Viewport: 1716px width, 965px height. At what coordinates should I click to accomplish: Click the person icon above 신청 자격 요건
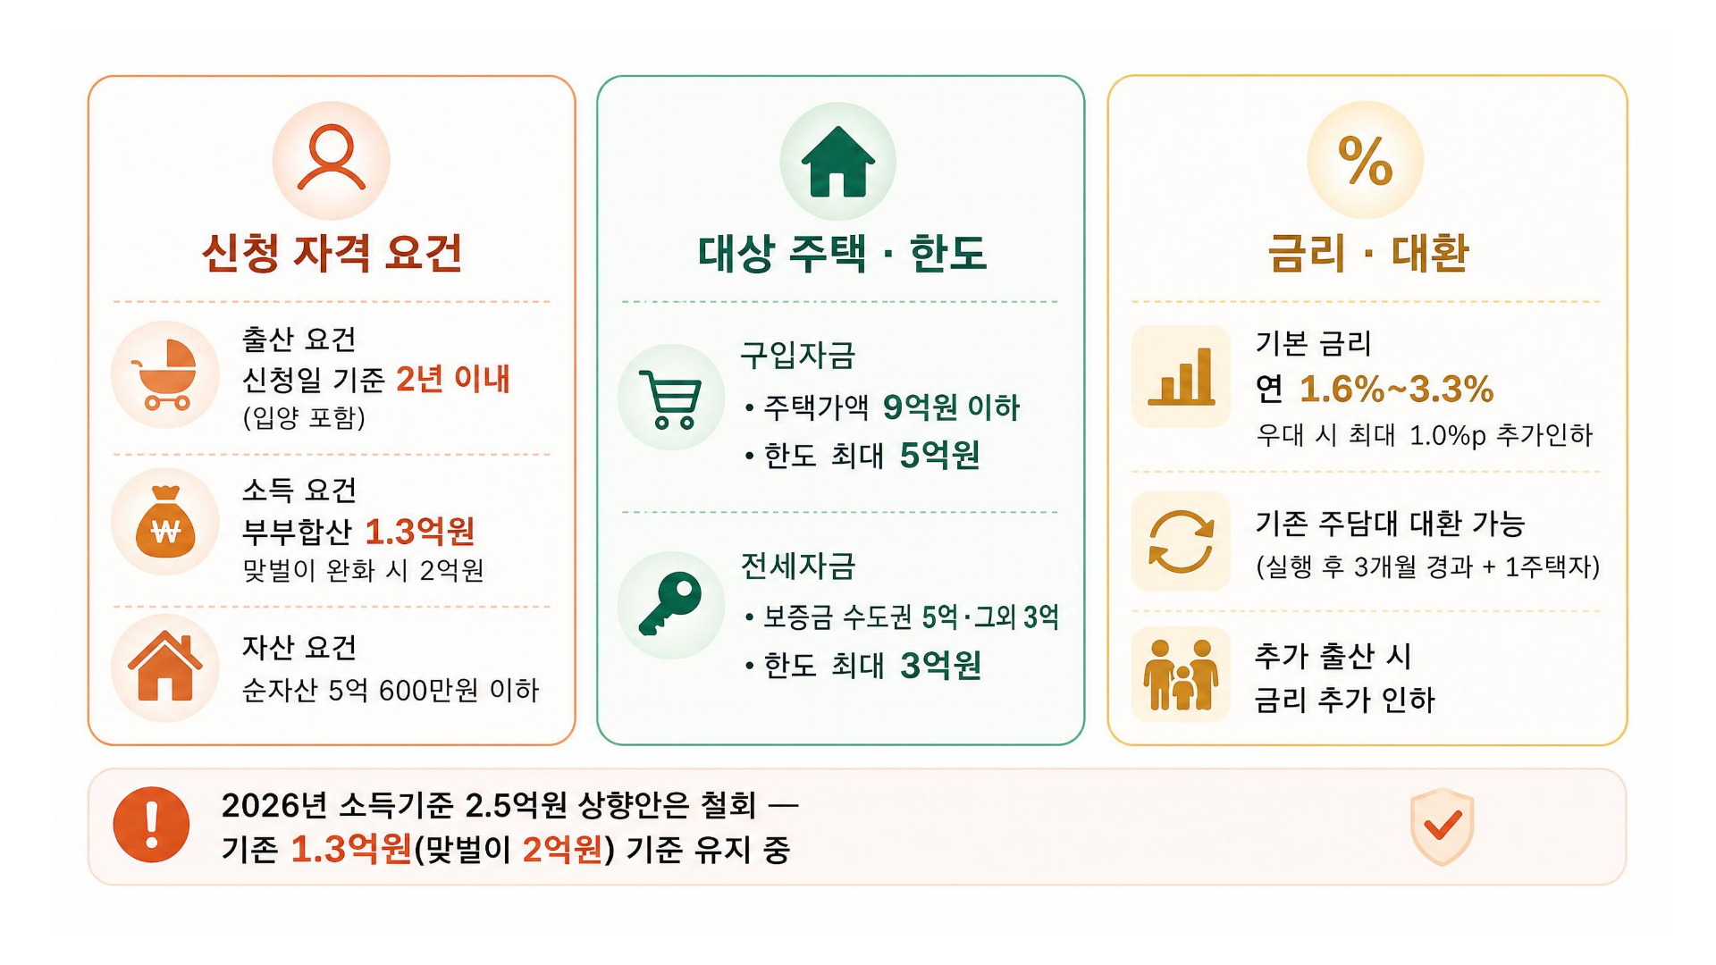pyautogui.click(x=331, y=157)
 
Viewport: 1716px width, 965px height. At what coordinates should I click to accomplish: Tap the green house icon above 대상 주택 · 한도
pyautogui.click(x=837, y=162)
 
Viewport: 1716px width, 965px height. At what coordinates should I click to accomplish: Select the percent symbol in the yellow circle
pyautogui.click(x=1365, y=161)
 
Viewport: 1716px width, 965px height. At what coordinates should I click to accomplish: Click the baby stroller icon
pyautogui.click(x=164, y=374)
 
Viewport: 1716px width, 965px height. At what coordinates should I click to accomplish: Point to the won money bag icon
pyautogui.click(x=165, y=523)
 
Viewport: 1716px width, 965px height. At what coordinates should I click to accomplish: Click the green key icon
pyautogui.click(x=670, y=603)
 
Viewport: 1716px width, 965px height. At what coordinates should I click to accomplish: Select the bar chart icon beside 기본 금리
pyautogui.click(x=1181, y=376)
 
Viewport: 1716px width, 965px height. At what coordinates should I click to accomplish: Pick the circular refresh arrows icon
pyautogui.click(x=1181, y=541)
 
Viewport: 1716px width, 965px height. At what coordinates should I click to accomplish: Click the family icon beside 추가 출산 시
pyautogui.click(x=1181, y=675)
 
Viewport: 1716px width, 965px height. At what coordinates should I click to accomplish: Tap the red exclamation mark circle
pyautogui.click(x=151, y=825)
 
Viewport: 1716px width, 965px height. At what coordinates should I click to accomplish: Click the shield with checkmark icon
pyautogui.click(x=1442, y=826)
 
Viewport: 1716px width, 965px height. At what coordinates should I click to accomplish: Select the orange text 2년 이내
pyautogui.click(x=452, y=379)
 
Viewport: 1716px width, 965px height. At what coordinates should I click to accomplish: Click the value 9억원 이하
pyautogui.click(x=951, y=407)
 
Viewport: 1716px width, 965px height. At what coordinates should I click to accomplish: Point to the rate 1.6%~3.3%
pyautogui.click(x=1396, y=389)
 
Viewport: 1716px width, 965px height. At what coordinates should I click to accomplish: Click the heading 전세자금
pyautogui.click(x=798, y=566)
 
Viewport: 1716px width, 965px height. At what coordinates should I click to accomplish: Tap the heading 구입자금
pyautogui.click(x=797, y=356)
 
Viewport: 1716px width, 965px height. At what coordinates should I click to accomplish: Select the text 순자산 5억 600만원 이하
pyautogui.click(x=391, y=690)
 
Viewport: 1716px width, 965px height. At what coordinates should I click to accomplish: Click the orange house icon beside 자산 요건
pyautogui.click(x=164, y=666)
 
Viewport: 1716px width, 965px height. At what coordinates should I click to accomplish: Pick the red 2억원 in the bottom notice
pyautogui.click(x=563, y=849)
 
